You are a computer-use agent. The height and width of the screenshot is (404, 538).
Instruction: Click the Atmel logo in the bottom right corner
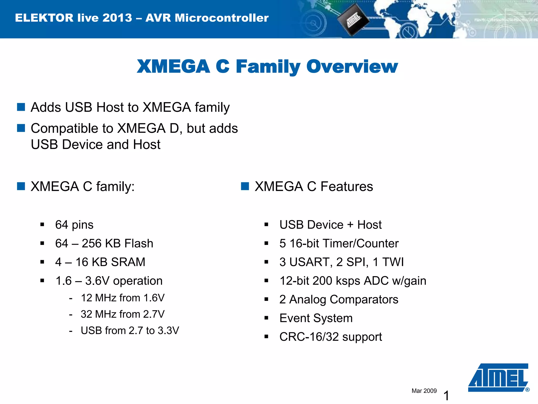pyautogui.click(x=498, y=377)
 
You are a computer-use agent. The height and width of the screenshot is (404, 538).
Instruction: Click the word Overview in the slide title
pyautogui.click(x=352, y=66)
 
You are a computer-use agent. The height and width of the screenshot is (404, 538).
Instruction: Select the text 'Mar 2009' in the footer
pyautogui.click(x=424, y=391)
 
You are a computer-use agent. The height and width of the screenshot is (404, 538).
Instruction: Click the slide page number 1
pyautogui.click(x=446, y=395)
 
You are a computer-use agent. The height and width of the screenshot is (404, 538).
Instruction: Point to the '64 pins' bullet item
pyautogui.click(x=74, y=225)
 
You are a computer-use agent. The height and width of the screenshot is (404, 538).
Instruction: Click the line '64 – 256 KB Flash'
pyautogui.click(x=104, y=244)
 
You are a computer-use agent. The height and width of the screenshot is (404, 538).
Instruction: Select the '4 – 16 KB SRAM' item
pyautogui.click(x=100, y=262)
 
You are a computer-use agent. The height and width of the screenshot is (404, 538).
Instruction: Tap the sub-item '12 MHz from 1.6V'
pyautogui.click(x=122, y=298)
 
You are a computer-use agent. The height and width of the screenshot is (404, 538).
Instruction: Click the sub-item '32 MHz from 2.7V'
pyautogui.click(x=122, y=314)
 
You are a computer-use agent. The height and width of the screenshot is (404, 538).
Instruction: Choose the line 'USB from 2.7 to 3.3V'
pyautogui.click(x=130, y=331)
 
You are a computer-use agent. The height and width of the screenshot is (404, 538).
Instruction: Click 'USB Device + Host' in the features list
pyautogui.click(x=330, y=225)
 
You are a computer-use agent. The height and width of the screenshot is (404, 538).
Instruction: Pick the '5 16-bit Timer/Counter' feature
pyautogui.click(x=339, y=244)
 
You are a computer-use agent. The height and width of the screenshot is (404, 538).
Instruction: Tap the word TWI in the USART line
pyautogui.click(x=393, y=262)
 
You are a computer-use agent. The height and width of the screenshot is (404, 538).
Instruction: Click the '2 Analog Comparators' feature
pyautogui.click(x=339, y=300)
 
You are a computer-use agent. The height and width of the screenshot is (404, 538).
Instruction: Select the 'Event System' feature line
pyautogui.click(x=316, y=318)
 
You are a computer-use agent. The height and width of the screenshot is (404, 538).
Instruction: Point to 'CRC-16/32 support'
pyautogui.click(x=330, y=337)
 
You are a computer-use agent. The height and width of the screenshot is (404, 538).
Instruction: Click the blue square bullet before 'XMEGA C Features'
pyautogui.click(x=245, y=186)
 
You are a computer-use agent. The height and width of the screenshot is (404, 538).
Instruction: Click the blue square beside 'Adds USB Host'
pyautogui.click(x=21, y=107)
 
